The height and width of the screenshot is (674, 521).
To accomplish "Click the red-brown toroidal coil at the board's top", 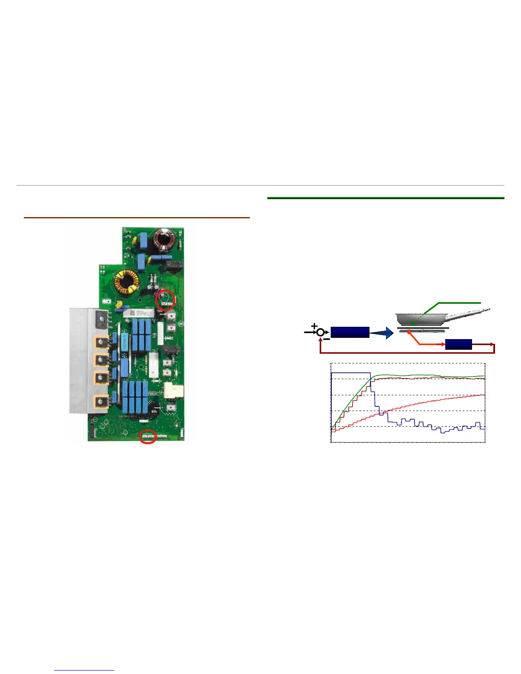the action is coord(164,240).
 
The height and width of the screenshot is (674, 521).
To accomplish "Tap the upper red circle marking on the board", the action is coord(165,300).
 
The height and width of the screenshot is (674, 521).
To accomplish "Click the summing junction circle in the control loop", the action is coord(320,332).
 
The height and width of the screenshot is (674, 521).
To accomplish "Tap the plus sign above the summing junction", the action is coord(315,326).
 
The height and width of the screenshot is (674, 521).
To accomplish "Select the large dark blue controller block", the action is coord(349,332).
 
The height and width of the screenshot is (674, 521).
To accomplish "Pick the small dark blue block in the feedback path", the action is coord(458,344).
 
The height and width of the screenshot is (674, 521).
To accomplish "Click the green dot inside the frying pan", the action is coord(412,324).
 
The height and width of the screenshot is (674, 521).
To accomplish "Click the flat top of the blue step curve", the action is coord(351,373).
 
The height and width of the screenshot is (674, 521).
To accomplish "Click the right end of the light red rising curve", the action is coord(483,395).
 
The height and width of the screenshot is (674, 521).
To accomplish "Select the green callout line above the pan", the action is coord(460,303).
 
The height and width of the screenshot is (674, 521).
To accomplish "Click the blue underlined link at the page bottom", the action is coord(84,670).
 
